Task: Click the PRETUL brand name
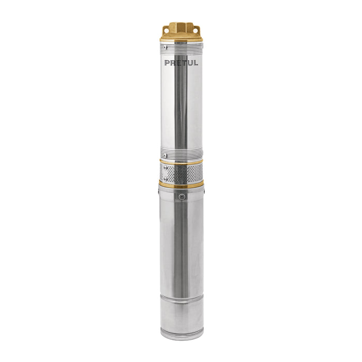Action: (x=181, y=63)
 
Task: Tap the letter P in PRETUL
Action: (x=167, y=63)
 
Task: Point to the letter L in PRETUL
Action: (x=196, y=63)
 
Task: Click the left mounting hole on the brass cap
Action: (x=166, y=29)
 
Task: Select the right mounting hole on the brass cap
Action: (x=196, y=30)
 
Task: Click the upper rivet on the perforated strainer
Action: (x=165, y=167)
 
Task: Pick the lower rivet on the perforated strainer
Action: (x=165, y=178)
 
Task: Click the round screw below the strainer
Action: (x=182, y=197)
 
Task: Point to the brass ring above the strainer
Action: (x=181, y=161)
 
